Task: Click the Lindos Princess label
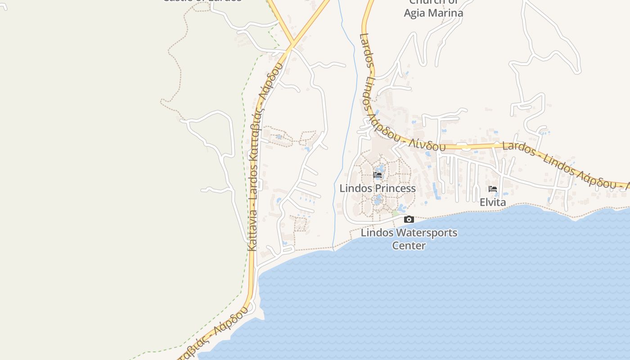(377, 188)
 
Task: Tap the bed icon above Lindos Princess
(378, 175)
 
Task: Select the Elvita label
(493, 202)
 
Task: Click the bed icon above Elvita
(493, 189)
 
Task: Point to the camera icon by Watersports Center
(409, 220)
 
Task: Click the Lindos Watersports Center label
(409, 239)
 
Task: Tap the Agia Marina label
(433, 13)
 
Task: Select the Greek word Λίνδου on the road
(427, 144)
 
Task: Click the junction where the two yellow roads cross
(292, 45)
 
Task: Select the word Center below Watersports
(409, 245)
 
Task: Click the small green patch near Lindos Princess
(395, 213)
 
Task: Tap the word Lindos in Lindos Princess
(353, 188)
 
